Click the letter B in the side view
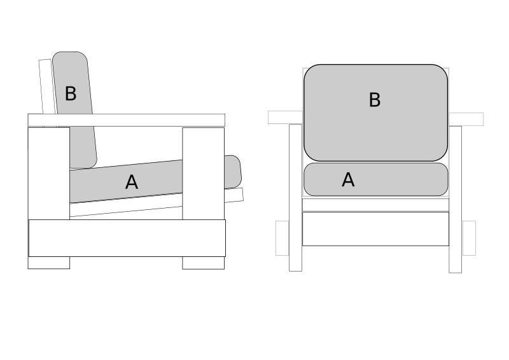pyautogui.click(x=71, y=94)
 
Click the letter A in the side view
pyautogui.click(x=131, y=183)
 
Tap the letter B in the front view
pyautogui.click(x=375, y=100)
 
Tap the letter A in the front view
pyautogui.click(x=348, y=180)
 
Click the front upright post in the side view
pyautogui.click(x=203, y=172)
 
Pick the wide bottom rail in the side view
pyautogui.click(x=127, y=238)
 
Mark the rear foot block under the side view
pyautogui.click(x=49, y=262)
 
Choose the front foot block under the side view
pyautogui.click(x=203, y=262)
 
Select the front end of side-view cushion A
pyautogui.click(x=233, y=171)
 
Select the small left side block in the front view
pyautogui.click(x=282, y=238)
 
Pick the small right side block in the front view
pyautogui.click(x=468, y=238)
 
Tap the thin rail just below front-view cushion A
pyautogui.click(x=375, y=204)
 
